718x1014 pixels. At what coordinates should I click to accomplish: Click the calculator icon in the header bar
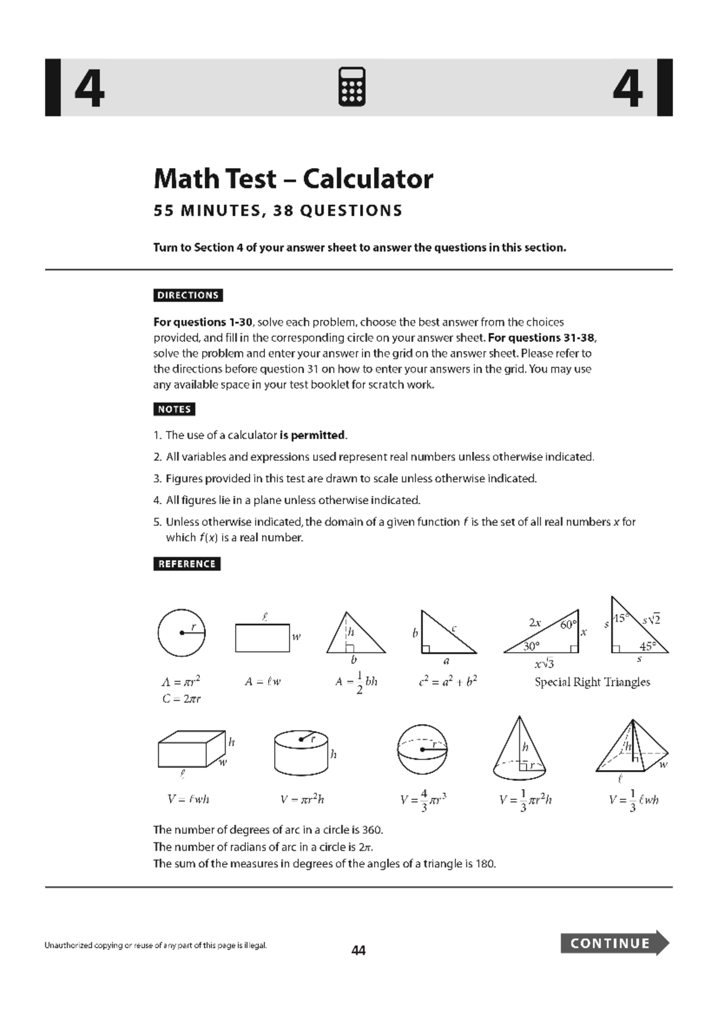pyautogui.click(x=352, y=87)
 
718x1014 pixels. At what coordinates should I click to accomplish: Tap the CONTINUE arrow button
pyautogui.click(x=614, y=943)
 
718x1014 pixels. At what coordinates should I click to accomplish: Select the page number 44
pyautogui.click(x=358, y=950)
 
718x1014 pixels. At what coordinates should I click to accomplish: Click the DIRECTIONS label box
pyautogui.click(x=188, y=295)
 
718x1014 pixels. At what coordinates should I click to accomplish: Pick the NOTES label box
pyautogui.click(x=174, y=410)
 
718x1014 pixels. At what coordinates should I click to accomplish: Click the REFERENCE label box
pyautogui.click(x=187, y=564)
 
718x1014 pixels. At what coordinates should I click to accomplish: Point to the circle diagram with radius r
pyautogui.click(x=181, y=633)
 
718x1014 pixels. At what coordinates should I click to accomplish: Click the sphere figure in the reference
pyautogui.click(x=422, y=749)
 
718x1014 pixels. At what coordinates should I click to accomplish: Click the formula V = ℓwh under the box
pyautogui.click(x=188, y=799)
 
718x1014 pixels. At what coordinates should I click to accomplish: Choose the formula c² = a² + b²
pyautogui.click(x=448, y=682)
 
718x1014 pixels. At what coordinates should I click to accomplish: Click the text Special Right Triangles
pyautogui.click(x=592, y=682)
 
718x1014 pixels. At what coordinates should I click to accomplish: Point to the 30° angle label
pyautogui.click(x=531, y=646)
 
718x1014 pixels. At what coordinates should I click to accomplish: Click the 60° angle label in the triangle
pyautogui.click(x=568, y=625)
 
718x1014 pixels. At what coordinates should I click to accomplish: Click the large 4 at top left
pyautogui.click(x=90, y=88)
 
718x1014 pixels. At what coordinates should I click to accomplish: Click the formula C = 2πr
pyautogui.click(x=181, y=698)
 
